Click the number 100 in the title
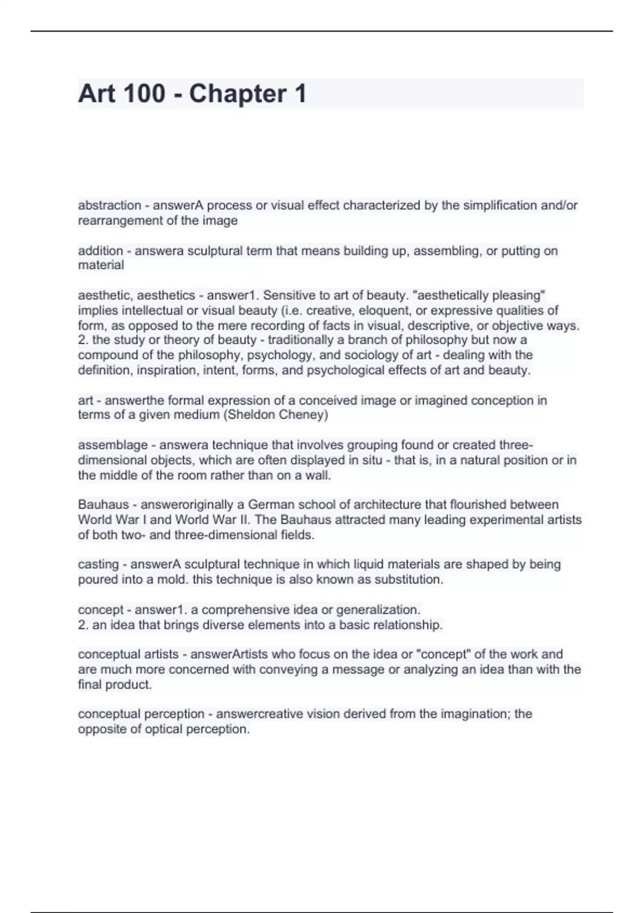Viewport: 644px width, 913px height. click(x=144, y=93)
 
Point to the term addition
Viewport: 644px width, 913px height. click(x=100, y=251)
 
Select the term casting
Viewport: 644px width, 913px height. click(x=98, y=564)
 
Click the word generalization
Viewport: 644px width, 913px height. click(x=378, y=610)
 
